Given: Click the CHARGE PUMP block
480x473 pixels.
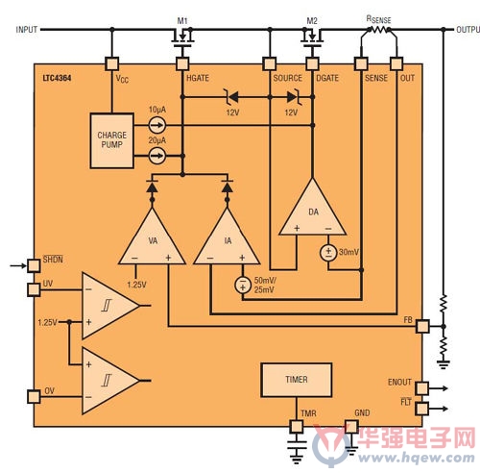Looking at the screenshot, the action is [x=111, y=140].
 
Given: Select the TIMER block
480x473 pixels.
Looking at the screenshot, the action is [x=296, y=380].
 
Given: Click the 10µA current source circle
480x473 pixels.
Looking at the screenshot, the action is [x=157, y=125].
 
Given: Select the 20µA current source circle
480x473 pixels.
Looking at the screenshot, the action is [x=157, y=156].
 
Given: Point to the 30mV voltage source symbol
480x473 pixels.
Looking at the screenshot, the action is [x=328, y=253].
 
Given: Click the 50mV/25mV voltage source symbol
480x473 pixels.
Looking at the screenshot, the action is [x=243, y=285].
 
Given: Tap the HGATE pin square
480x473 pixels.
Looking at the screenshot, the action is [x=182, y=63].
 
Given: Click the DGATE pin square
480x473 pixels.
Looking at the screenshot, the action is [x=312, y=63].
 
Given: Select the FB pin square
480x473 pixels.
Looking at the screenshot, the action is [x=422, y=326].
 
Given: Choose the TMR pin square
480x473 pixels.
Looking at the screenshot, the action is [x=297, y=427].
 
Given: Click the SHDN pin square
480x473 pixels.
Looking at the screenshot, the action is [x=34, y=265].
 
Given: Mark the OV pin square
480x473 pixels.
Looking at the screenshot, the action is [x=34, y=397].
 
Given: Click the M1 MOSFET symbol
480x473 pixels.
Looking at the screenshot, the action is [x=182, y=37].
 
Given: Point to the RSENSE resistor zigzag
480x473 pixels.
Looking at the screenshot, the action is [x=379, y=30].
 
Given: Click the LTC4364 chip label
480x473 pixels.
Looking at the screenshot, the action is [x=57, y=78].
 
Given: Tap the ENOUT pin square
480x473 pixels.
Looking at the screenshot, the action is [x=422, y=388].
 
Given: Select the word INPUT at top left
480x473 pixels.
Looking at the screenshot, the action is [x=27, y=30].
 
